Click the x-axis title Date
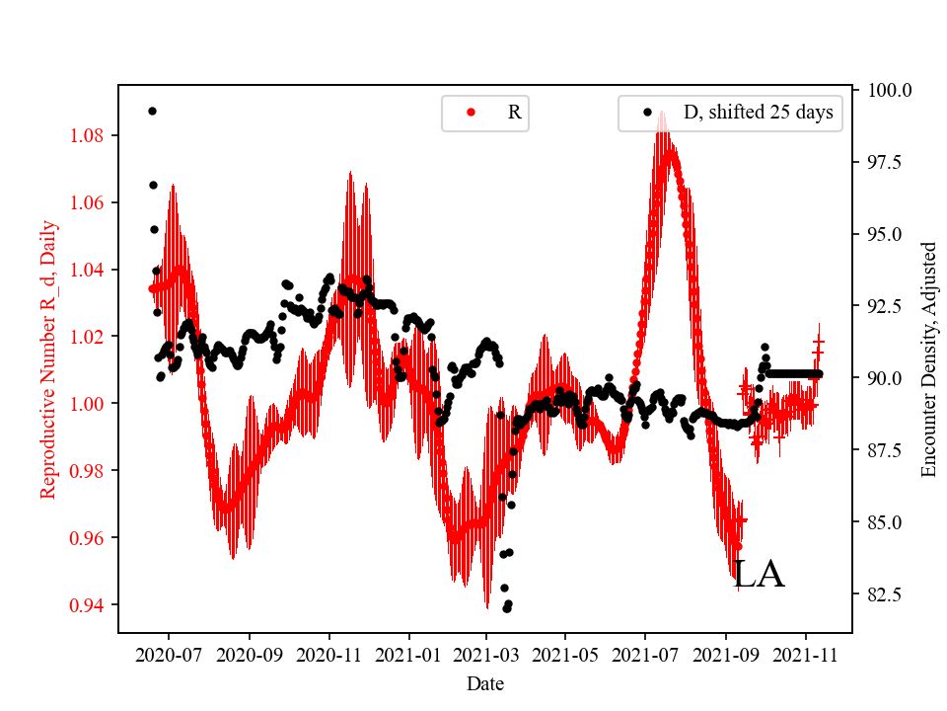(485, 682)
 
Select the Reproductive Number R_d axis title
(48, 359)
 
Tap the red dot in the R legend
(471, 113)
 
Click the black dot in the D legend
(648, 113)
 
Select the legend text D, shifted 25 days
(758, 113)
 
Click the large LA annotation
(759, 575)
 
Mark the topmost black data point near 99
(152, 111)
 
